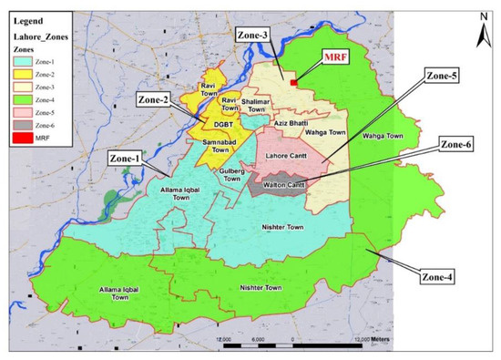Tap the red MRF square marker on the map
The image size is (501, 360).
293,81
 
